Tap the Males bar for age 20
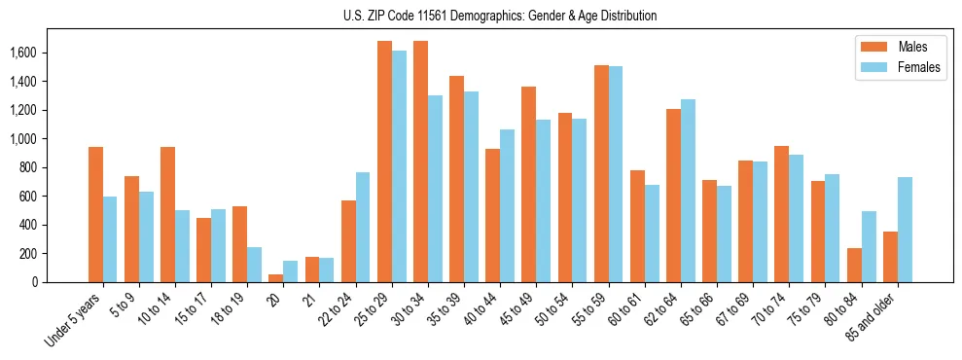pos(276,278)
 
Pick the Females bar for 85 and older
pos(905,230)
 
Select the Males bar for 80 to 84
pos(854,265)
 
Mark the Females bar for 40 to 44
pos(507,205)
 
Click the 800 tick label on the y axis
pos(54,167)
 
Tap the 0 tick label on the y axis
pos(61,282)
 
